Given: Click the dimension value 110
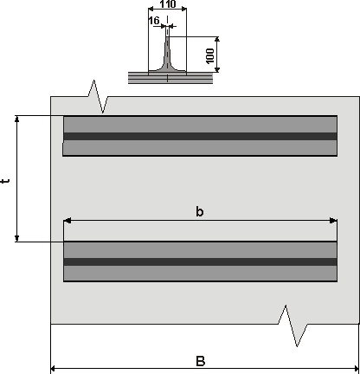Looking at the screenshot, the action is point(168,4).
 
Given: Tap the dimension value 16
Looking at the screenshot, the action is point(154,21).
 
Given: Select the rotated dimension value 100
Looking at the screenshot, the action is point(210,55).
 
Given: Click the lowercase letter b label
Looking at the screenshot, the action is point(200,211).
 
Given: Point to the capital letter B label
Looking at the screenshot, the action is point(201,361).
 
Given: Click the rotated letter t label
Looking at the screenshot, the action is point(5,181).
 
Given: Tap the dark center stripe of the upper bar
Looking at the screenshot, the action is point(200,136).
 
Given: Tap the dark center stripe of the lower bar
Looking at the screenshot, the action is point(200,261).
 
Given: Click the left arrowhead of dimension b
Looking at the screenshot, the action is point(67,221).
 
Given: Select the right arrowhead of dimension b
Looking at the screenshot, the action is point(333,221).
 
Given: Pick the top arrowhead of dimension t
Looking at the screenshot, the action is point(17,119).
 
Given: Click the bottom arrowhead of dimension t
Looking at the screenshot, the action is point(17,238).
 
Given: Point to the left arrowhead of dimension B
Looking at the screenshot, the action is point(54,369).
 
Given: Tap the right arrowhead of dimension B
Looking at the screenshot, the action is point(356,369).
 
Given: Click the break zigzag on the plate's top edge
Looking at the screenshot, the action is point(98,96).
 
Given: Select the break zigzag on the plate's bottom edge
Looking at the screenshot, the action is point(292,325).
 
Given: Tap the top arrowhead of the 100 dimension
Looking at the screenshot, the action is point(217,40).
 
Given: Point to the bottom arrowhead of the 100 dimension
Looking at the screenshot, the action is point(217,69).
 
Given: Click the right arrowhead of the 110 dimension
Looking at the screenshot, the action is point(183,10).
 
